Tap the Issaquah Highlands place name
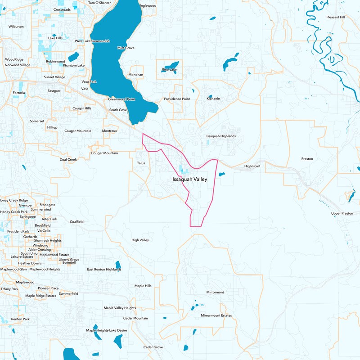221,136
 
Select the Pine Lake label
169,70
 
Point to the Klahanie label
213,99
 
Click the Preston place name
307,159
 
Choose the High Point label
252,166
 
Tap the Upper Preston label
342,213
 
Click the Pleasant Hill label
335,17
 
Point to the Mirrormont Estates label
216,315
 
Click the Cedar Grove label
153,347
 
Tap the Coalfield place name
76,221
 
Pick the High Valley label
140,240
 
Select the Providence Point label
177,99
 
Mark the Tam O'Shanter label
99,3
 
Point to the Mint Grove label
126,48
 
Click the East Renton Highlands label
104,269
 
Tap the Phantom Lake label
74,65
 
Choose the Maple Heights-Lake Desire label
107,330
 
